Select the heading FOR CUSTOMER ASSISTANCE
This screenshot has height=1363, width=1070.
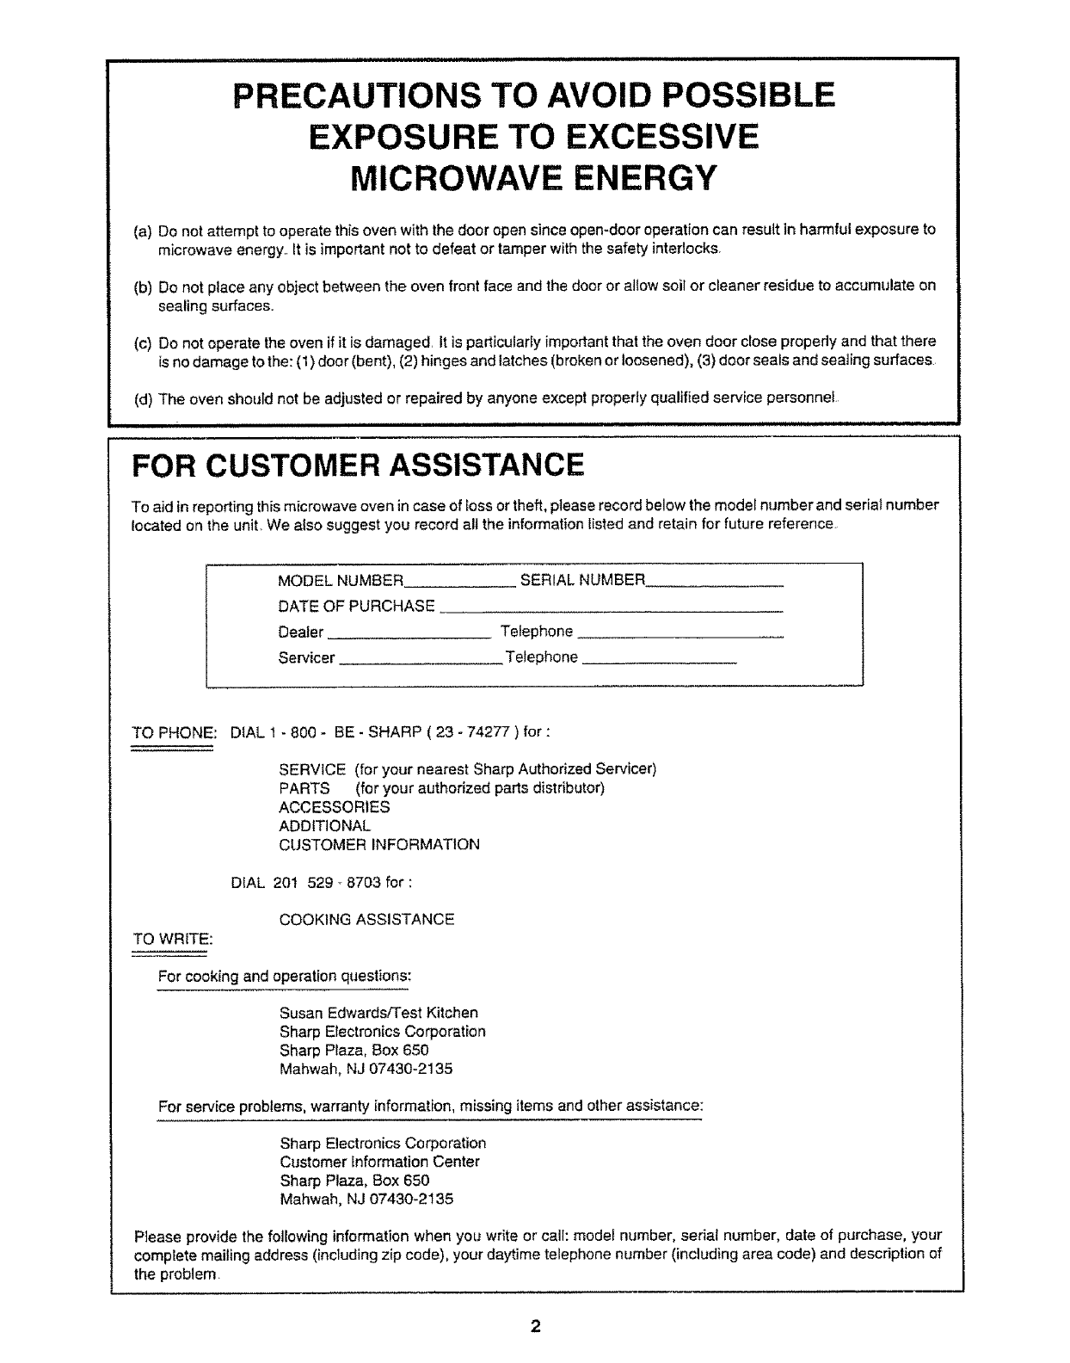tap(357, 466)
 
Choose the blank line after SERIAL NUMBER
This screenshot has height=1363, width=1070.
tap(715, 584)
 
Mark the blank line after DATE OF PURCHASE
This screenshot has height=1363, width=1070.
tap(611, 610)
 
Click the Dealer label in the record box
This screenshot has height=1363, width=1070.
tap(301, 632)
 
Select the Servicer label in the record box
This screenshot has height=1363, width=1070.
tap(306, 658)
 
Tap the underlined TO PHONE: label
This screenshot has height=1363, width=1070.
tap(172, 733)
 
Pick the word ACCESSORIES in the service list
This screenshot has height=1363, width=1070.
tap(334, 807)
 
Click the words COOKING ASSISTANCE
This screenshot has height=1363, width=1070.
tap(366, 920)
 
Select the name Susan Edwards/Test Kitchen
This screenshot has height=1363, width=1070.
tap(378, 1013)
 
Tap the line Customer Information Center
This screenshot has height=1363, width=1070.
tap(379, 1162)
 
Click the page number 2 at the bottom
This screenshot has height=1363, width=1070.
tap(535, 1326)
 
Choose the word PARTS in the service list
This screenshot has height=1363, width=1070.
tap(304, 788)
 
